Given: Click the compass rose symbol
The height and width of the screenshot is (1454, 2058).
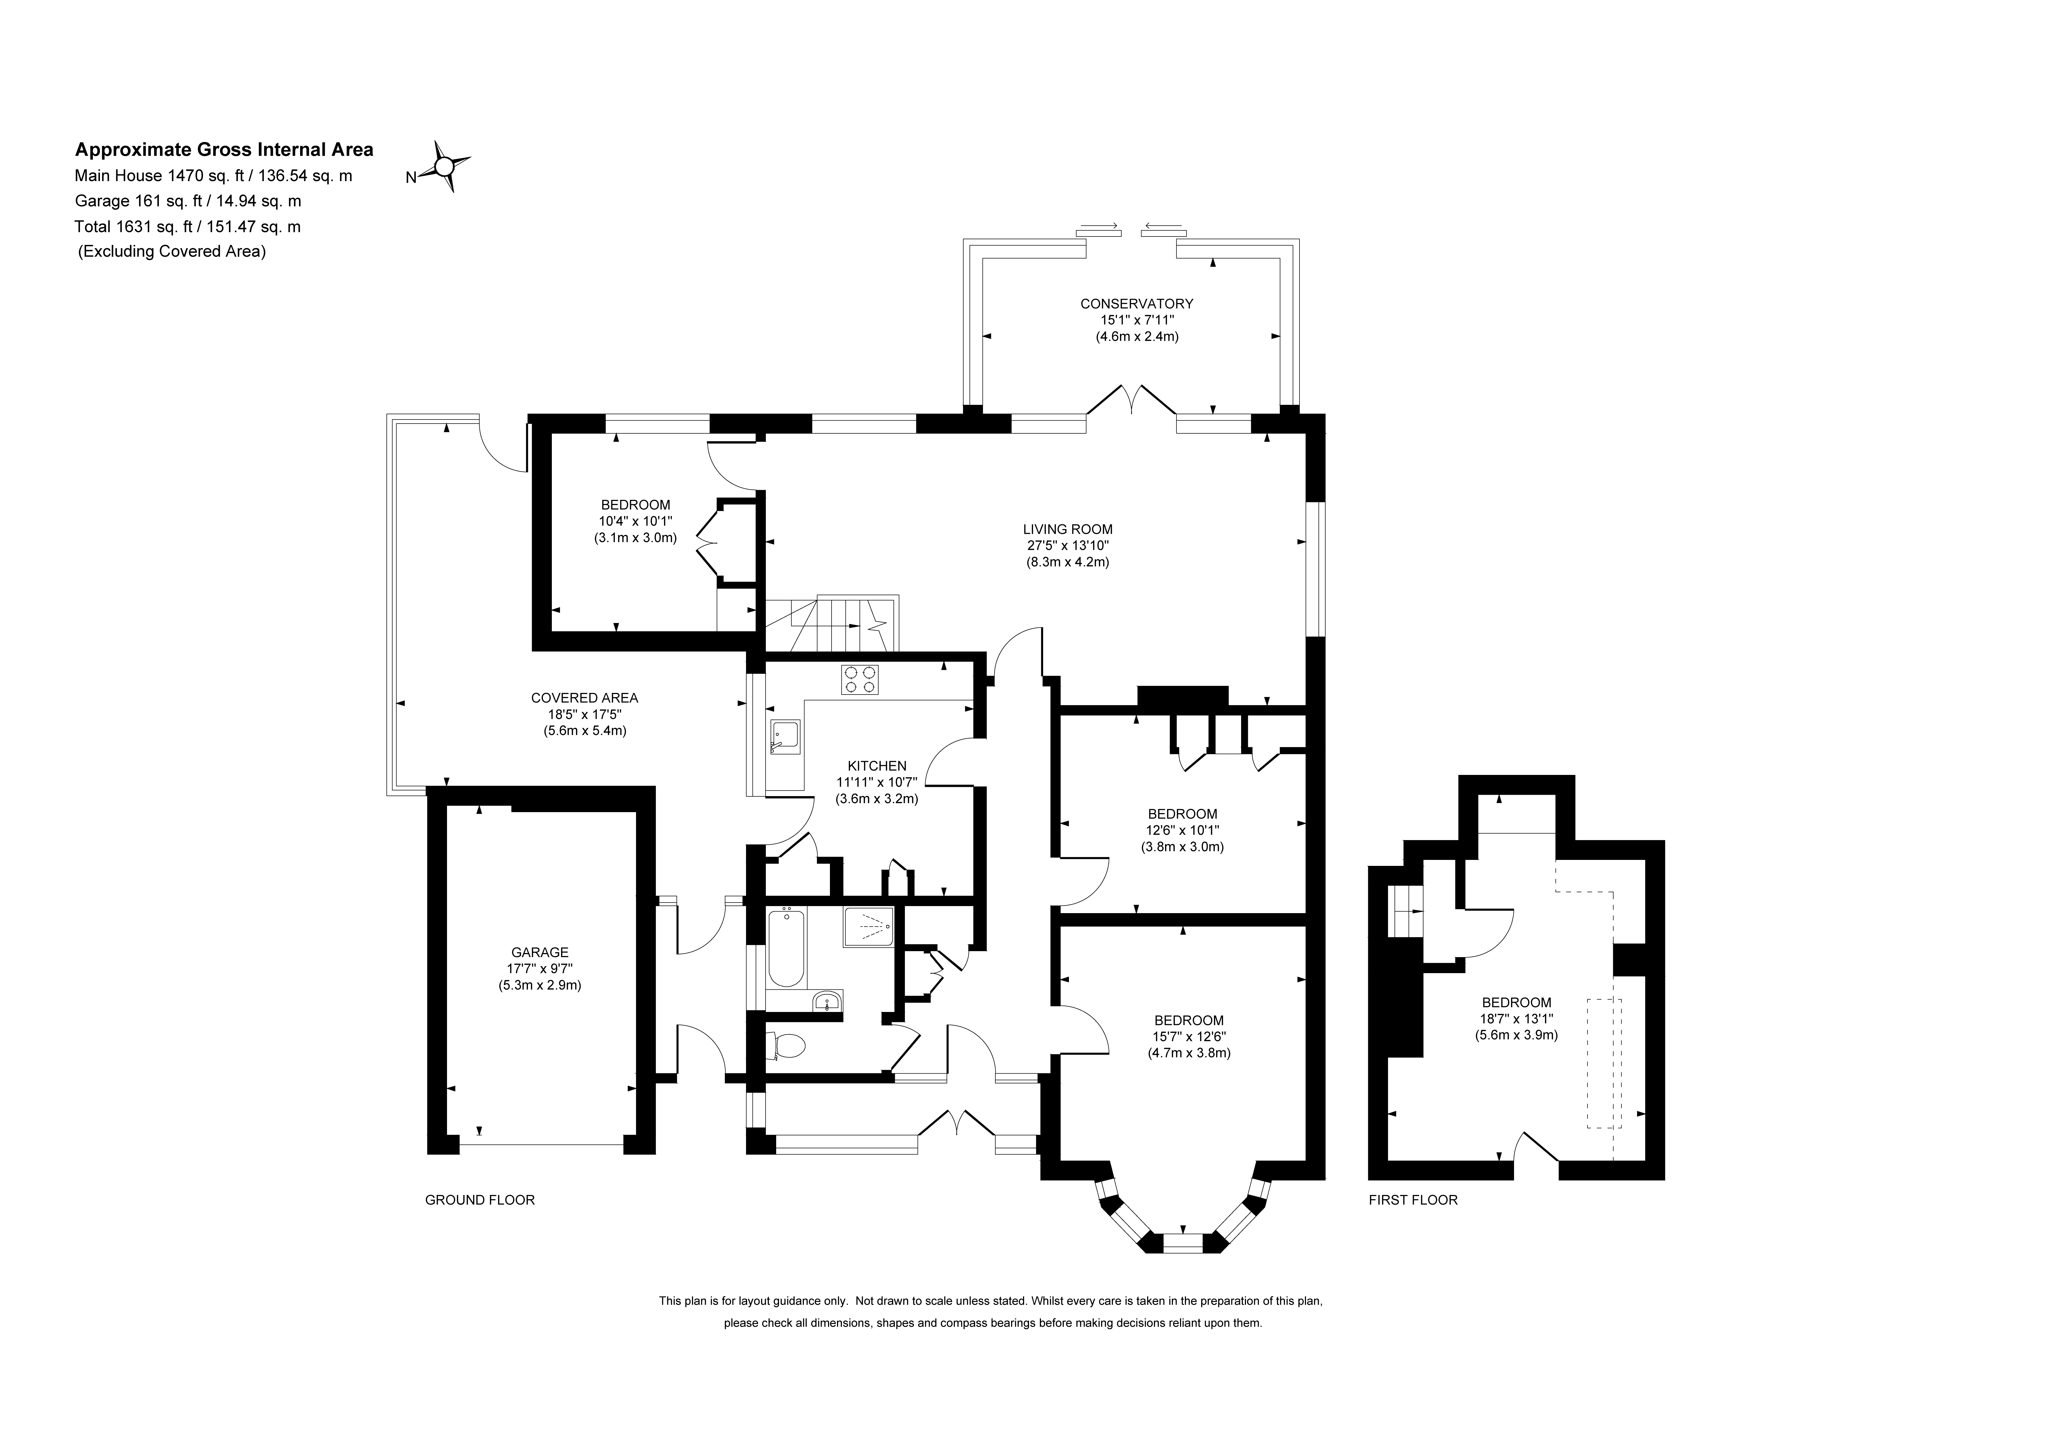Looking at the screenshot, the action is pyautogui.click(x=445, y=166).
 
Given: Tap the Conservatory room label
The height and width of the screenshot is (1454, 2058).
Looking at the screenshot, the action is pyautogui.click(x=1137, y=304).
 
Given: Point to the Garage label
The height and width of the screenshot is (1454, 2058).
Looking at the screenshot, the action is pyautogui.click(x=540, y=952).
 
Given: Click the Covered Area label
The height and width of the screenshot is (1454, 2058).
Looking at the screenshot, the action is pyautogui.click(x=584, y=698).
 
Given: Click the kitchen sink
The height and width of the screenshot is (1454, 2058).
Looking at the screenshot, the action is pyautogui.click(x=784, y=737).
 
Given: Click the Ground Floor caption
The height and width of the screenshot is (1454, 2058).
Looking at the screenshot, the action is pyautogui.click(x=480, y=1199).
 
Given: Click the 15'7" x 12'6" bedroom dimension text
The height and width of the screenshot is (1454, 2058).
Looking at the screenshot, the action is pyautogui.click(x=1188, y=1036).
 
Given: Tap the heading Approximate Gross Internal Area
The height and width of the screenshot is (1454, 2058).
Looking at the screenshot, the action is pyautogui.click(x=224, y=150).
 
